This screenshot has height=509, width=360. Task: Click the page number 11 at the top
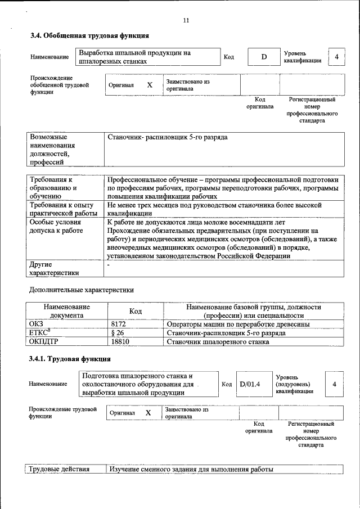(x=186, y=20)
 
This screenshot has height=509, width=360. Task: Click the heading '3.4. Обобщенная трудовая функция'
(x=89, y=36)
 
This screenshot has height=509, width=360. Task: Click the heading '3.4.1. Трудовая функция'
(x=70, y=358)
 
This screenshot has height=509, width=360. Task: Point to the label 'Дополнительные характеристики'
(x=82, y=290)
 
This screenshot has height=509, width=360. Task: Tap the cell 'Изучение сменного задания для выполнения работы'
(x=191, y=469)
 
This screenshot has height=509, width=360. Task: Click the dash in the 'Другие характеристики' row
(x=109, y=264)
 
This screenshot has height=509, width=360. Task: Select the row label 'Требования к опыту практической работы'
(x=64, y=209)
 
